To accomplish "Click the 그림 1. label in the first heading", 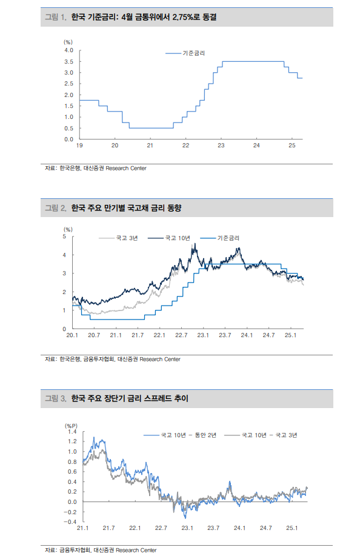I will click(56, 18).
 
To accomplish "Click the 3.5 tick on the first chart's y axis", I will click(69, 62).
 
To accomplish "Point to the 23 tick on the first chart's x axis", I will click(221, 146).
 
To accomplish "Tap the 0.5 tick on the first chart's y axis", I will click(69, 128).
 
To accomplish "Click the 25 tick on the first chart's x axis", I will click(292, 146).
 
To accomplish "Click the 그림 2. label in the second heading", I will click(56, 208).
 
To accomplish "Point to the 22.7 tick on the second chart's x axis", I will click(181, 335).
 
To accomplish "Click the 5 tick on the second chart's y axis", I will click(65, 236).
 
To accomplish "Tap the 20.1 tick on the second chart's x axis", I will click(73, 335).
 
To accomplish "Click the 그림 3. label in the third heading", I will click(56, 398).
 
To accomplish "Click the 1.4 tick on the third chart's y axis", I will click(72, 431).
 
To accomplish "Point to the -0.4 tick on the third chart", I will click(71, 521).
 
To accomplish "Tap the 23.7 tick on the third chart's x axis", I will click(213, 528).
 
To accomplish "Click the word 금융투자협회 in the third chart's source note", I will click(74, 550).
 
